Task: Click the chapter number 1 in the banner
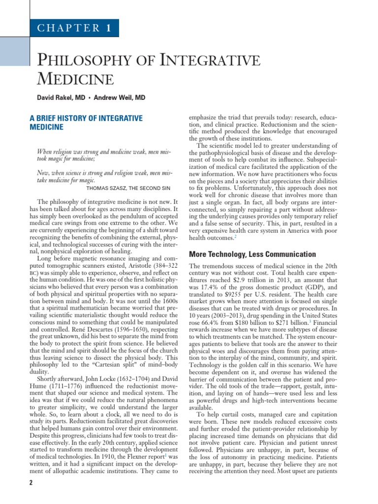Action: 107,28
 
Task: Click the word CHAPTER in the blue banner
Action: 68,28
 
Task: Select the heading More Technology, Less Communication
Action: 252,254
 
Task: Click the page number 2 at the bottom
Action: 31,483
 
